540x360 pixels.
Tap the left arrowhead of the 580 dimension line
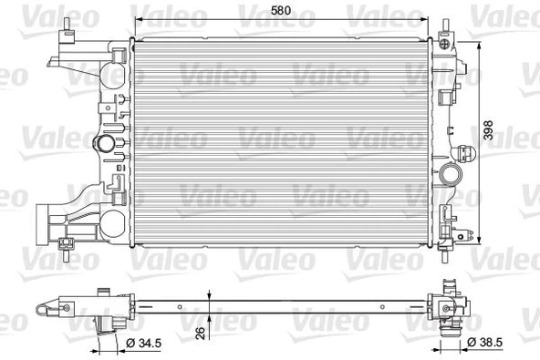(x=139, y=20)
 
